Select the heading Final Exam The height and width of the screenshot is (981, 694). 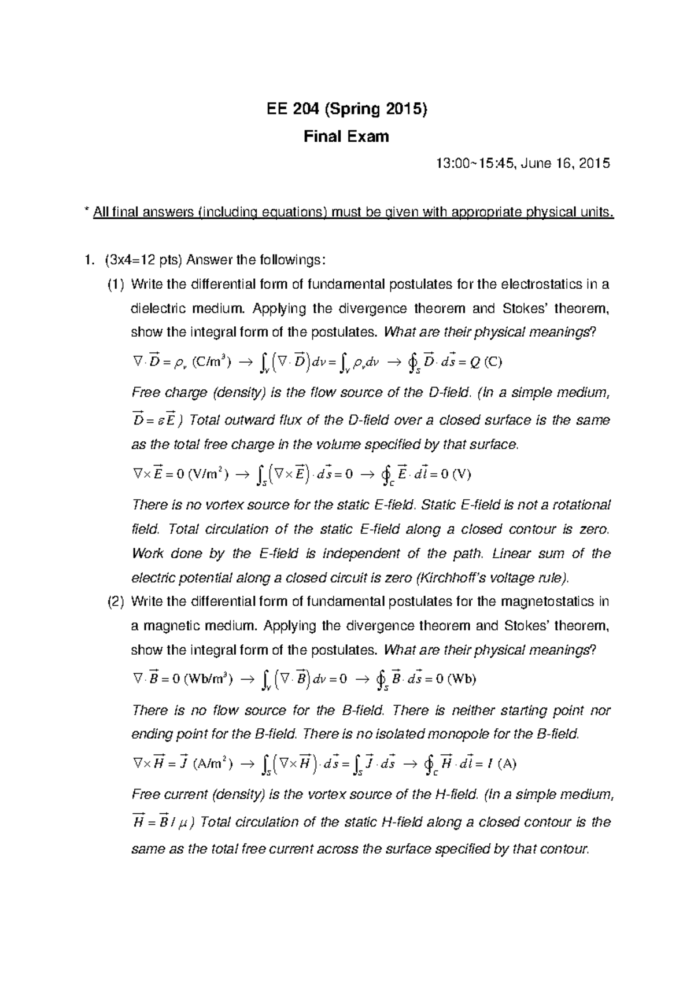coord(346,137)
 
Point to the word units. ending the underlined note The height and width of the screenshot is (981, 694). coord(596,213)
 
